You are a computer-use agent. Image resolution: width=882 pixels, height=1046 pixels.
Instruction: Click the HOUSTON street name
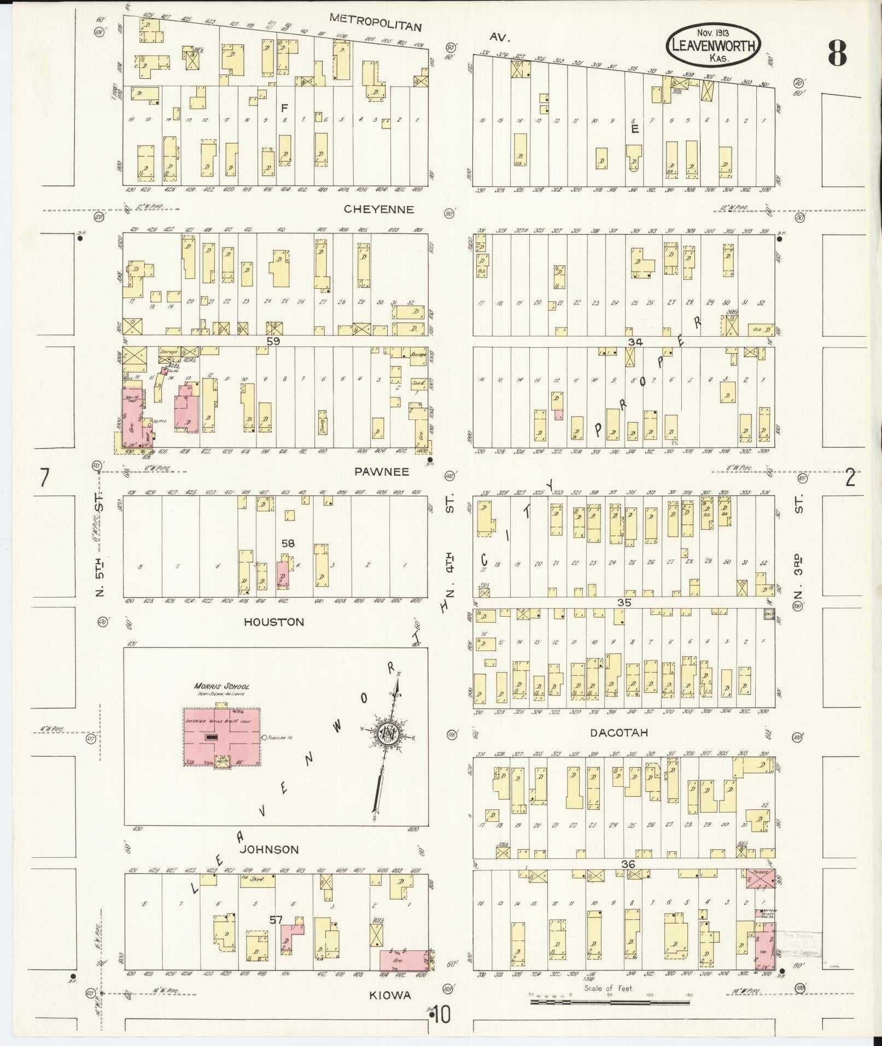[274, 622]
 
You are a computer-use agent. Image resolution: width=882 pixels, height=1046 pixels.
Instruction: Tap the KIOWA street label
[390, 995]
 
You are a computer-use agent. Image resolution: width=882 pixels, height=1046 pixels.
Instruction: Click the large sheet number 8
[837, 53]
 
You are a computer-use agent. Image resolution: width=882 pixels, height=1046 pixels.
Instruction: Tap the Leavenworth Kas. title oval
[713, 45]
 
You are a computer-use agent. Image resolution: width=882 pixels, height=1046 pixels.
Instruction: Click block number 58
[288, 543]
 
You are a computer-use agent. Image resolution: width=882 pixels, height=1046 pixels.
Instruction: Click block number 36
[628, 863]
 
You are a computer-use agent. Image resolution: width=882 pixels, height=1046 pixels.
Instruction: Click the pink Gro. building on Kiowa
[404, 960]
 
